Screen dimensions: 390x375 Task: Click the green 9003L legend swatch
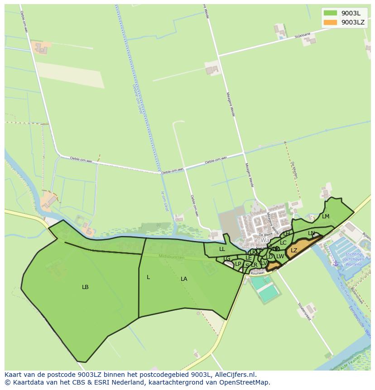pyautogui.click(x=330, y=13)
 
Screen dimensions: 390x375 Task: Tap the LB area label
pyautogui.click(x=85, y=287)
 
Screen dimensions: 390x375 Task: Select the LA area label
pyautogui.click(x=184, y=279)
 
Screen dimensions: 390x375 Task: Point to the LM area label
pyautogui.click(x=326, y=217)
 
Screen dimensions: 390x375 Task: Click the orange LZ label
pyautogui.click(x=294, y=250)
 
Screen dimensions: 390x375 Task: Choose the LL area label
pyautogui.click(x=222, y=249)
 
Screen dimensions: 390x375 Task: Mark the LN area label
pyautogui.click(x=311, y=233)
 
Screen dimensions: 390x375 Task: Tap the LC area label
pyautogui.click(x=283, y=243)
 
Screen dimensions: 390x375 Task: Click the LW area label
pyautogui.click(x=280, y=256)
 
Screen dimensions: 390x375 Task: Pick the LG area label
pyautogui.click(x=227, y=259)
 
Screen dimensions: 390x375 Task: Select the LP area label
pyautogui.click(x=238, y=264)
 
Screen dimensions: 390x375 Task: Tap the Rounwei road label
pyautogui.click(x=257, y=273)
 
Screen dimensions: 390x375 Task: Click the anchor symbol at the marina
pyautogui.click(x=336, y=263)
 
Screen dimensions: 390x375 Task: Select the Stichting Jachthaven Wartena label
pyautogui.click(x=353, y=260)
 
